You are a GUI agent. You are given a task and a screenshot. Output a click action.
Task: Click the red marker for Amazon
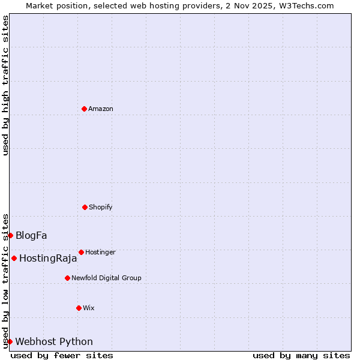pyautogui.click(x=84, y=109)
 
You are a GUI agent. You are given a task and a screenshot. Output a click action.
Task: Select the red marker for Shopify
pyautogui.click(x=85, y=207)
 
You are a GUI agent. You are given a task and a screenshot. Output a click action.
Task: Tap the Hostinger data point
pyautogui.click(x=81, y=252)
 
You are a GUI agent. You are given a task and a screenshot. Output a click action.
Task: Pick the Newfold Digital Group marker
pyautogui.click(x=67, y=278)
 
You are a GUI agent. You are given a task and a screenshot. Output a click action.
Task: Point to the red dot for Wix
pyautogui.click(x=79, y=308)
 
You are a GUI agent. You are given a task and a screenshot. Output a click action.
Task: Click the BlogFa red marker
pyautogui.click(x=10, y=235)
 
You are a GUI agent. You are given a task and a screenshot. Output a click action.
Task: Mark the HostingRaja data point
pyautogui.click(x=14, y=258)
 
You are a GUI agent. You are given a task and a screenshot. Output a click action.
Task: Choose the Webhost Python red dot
pyautogui.click(x=10, y=341)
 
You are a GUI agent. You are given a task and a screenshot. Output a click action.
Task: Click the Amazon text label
pyautogui.click(x=101, y=109)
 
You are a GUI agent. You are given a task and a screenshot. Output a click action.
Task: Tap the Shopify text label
pyautogui.click(x=101, y=207)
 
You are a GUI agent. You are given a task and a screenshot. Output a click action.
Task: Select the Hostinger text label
pyautogui.click(x=100, y=252)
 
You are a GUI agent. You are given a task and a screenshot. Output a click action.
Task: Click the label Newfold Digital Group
pyautogui.click(x=106, y=278)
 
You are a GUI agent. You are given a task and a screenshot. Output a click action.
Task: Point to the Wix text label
pyautogui.click(x=89, y=308)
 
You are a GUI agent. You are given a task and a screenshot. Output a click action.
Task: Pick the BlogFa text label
pyautogui.click(x=31, y=235)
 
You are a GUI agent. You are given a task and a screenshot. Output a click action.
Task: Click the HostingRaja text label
pyautogui.click(x=48, y=259)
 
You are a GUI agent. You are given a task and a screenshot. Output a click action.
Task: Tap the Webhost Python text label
pyautogui.click(x=54, y=342)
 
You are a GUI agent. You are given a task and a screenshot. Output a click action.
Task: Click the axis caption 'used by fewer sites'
pyautogui.click(x=62, y=355)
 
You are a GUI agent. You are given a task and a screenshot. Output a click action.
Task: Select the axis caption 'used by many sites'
pyautogui.click(x=301, y=355)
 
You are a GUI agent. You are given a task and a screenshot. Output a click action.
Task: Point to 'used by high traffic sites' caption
pyautogui.click(x=5, y=85)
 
